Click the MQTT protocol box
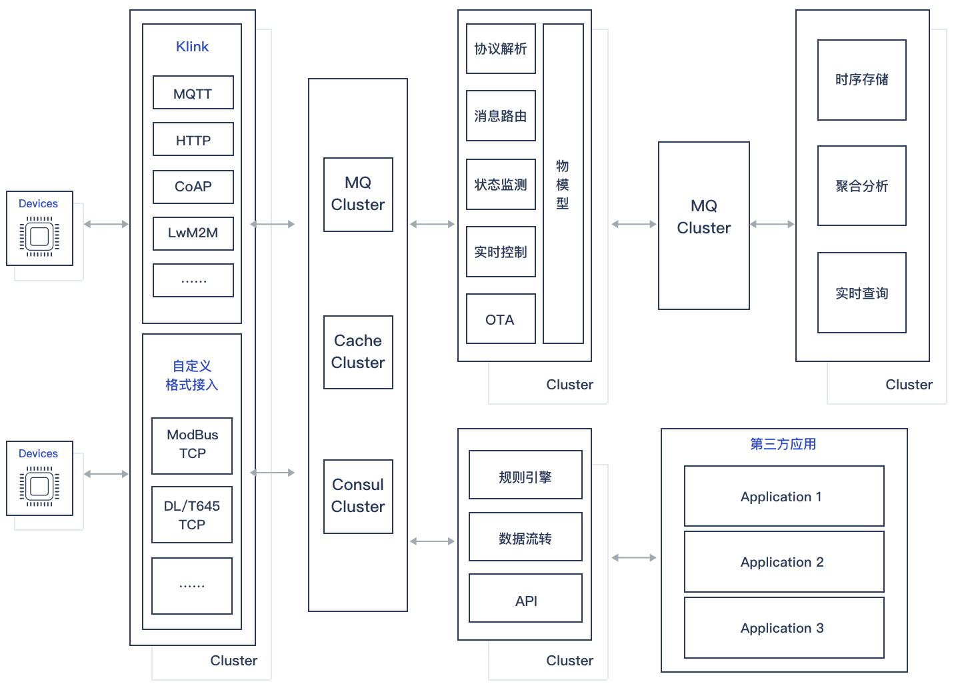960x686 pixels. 193,93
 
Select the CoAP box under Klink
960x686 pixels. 193,187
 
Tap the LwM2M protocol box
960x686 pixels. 193,233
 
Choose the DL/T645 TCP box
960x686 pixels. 192,515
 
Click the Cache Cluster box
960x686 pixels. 358,352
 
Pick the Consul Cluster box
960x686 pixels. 358,496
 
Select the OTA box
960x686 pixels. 500,319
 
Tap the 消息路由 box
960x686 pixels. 500,116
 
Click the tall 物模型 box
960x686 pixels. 563,184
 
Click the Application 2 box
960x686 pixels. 784,562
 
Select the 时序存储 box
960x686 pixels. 861,80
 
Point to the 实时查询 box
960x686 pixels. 861,293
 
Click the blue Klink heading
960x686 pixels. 192,47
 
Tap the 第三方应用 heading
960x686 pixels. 783,444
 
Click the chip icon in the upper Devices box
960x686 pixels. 39,237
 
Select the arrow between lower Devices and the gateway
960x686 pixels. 107,474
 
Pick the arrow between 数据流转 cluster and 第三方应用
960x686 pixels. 634,557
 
